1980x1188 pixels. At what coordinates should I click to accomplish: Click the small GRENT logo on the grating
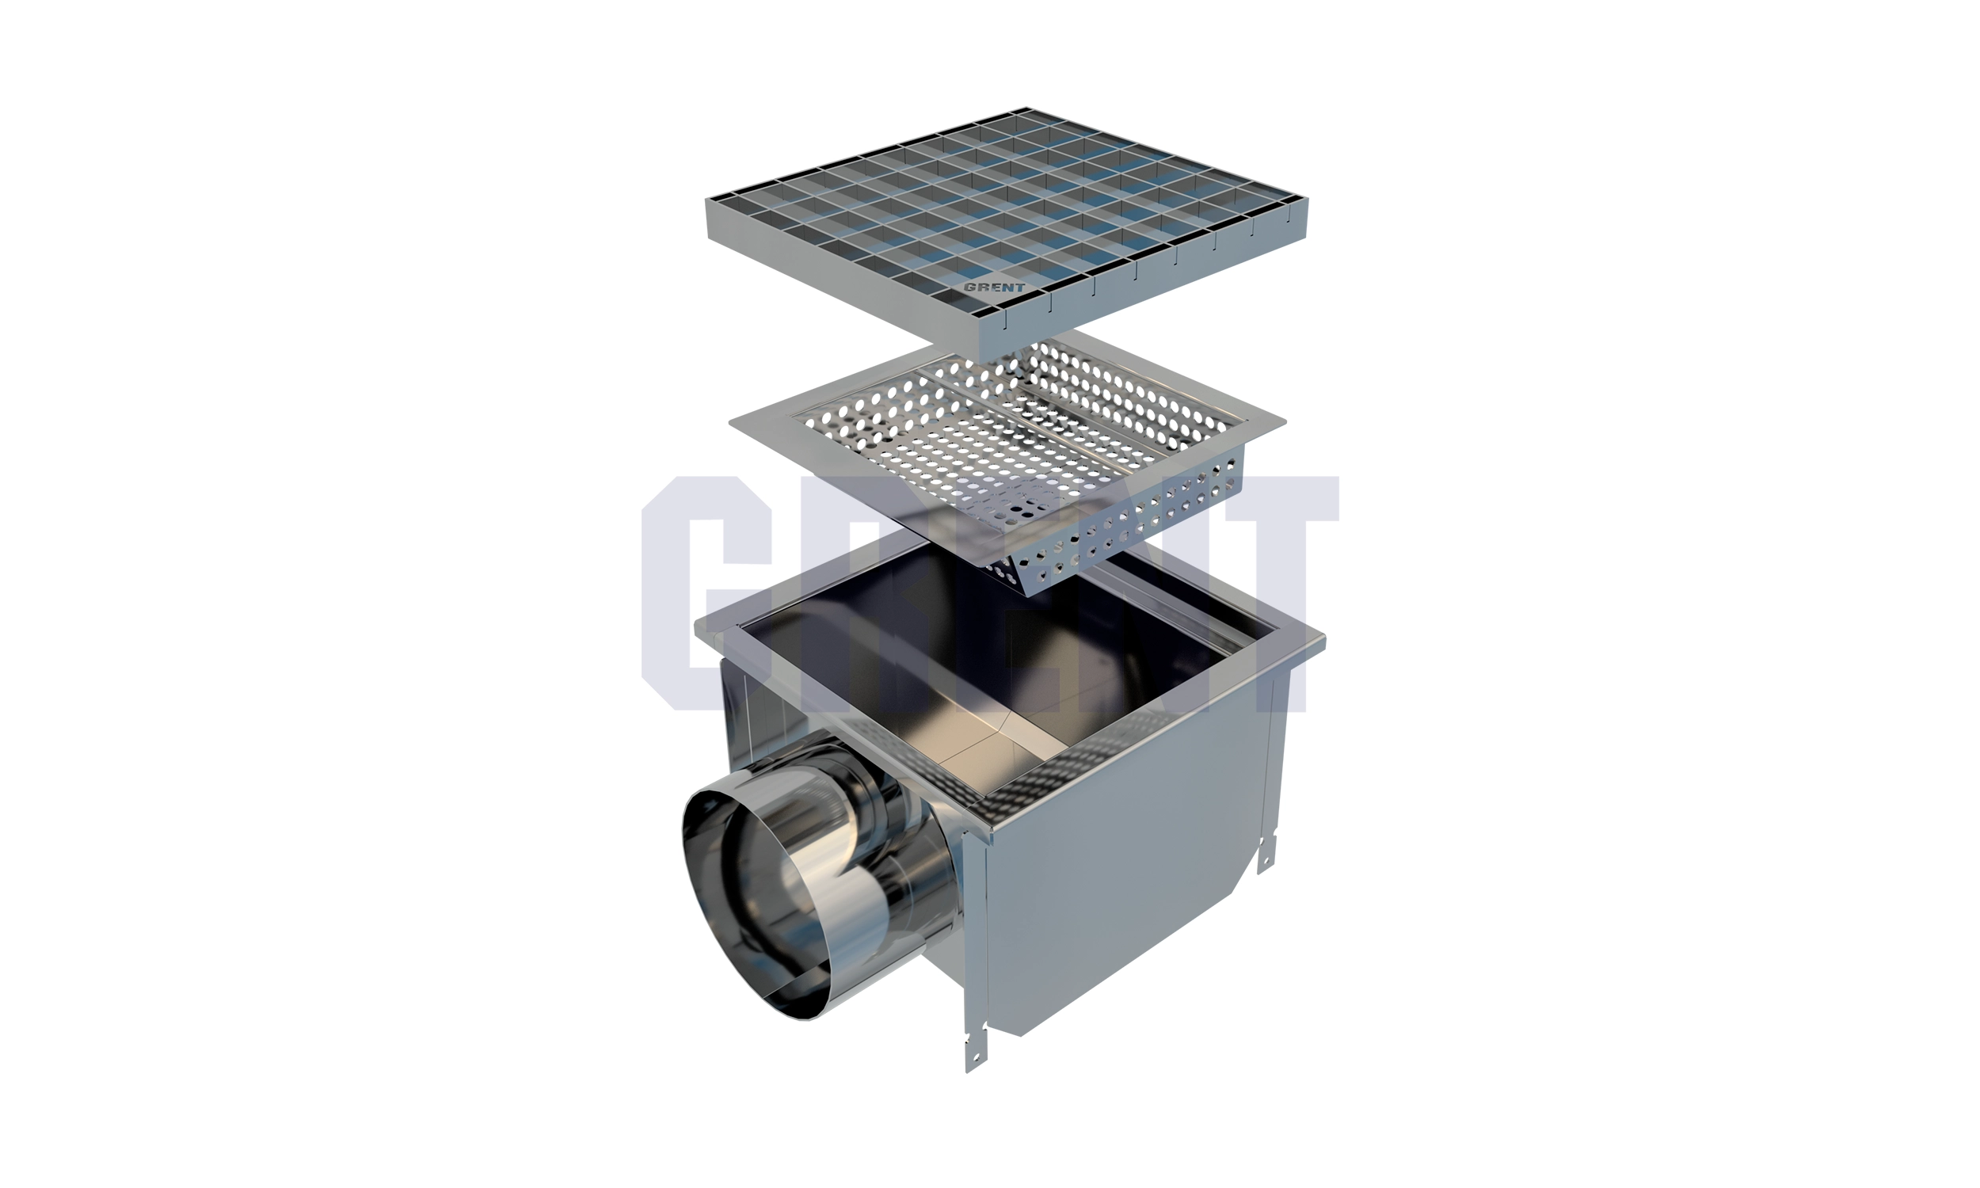click(994, 287)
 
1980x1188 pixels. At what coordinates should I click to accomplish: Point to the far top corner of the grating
click(1029, 108)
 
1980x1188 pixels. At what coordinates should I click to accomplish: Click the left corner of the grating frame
click(706, 200)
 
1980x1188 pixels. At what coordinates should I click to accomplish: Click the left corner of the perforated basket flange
click(731, 424)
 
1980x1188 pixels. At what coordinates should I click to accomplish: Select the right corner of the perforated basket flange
click(1285, 422)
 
